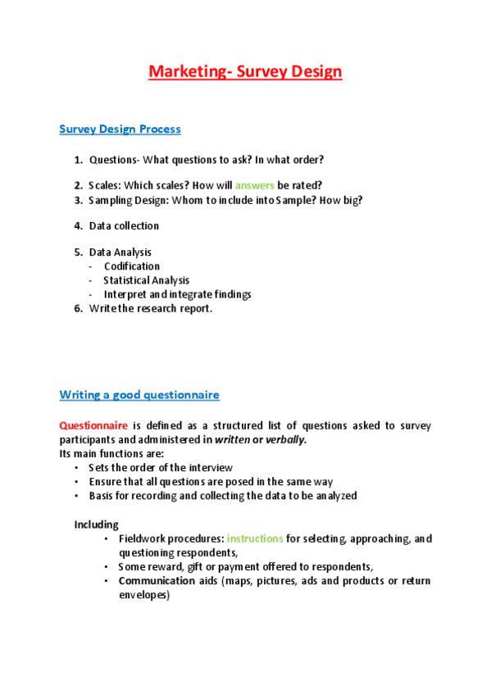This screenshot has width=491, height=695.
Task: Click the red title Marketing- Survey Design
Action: point(245,71)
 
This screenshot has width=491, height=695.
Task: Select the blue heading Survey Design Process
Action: point(120,129)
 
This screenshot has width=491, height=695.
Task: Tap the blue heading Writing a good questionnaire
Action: point(139,394)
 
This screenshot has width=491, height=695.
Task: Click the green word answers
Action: point(254,185)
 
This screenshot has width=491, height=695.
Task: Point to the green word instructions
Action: point(255,538)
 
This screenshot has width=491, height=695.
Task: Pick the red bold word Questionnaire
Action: point(93,425)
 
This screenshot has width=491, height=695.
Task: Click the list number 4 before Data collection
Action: point(78,225)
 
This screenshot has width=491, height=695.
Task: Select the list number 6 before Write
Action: point(78,308)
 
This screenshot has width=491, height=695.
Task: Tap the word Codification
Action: point(131,266)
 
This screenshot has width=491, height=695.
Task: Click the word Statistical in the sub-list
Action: point(125,280)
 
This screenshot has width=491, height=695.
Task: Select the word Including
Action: point(97,524)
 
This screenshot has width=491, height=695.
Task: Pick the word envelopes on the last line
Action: point(143,595)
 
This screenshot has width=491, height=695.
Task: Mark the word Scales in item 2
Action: point(105,185)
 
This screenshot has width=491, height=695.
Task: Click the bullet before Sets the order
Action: point(77,467)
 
